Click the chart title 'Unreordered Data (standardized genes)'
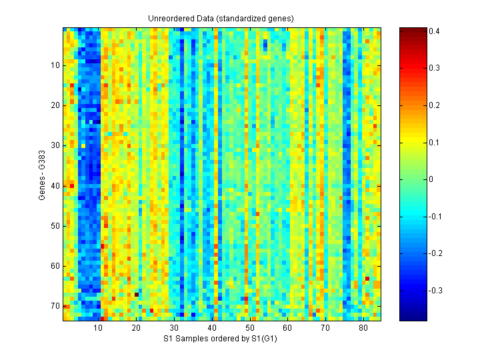221,18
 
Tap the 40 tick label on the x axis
212,329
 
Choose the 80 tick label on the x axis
363,329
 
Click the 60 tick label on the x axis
287,329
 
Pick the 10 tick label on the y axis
55,65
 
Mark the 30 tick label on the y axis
55,145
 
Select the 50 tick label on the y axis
55,226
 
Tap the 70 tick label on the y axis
55,306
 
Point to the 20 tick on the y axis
63,105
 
